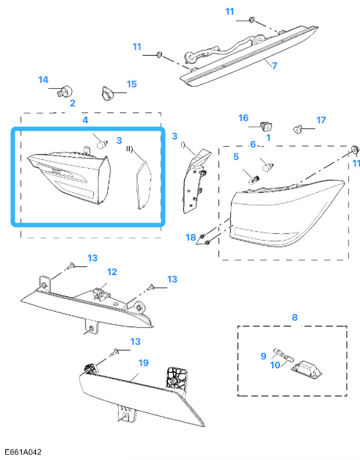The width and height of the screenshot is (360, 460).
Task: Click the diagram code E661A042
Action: [23, 452]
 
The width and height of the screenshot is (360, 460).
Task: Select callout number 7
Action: [274, 65]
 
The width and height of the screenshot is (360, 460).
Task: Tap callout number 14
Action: [43, 79]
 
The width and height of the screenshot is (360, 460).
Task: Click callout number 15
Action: [132, 84]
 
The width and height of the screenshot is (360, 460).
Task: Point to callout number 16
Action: [243, 118]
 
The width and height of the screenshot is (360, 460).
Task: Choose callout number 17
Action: [321, 120]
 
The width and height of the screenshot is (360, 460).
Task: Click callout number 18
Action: [191, 237]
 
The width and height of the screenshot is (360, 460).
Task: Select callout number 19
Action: [144, 363]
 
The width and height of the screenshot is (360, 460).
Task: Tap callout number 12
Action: [112, 272]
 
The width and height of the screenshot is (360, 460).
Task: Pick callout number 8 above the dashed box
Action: [295, 317]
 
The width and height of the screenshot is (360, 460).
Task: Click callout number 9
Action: [263, 356]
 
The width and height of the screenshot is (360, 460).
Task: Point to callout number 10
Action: [275, 365]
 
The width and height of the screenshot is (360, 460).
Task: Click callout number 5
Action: [236, 157]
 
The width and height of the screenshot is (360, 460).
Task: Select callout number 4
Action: [85, 120]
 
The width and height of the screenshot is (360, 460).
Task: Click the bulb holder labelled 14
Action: [65, 92]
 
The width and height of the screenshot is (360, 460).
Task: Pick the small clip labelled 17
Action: [297, 129]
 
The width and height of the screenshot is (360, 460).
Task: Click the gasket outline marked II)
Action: [143, 186]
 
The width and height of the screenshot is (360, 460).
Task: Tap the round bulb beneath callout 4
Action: [101, 145]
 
